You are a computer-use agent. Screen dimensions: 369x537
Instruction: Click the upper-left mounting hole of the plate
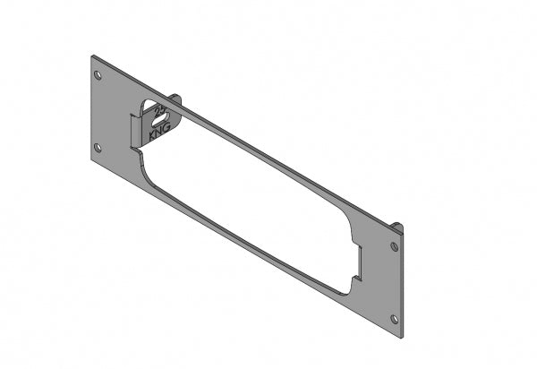[x=98, y=74]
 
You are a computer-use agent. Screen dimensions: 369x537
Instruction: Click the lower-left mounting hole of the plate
[x=98, y=147]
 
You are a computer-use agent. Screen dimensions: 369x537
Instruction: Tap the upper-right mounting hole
[x=394, y=245]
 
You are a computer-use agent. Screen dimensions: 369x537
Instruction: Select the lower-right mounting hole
[x=394, y=318]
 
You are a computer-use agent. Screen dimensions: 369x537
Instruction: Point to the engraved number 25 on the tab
[x=162, y=112]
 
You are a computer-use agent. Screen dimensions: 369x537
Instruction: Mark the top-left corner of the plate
[x=92, y=56]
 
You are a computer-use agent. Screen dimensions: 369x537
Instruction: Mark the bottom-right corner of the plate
[x=402, y=339]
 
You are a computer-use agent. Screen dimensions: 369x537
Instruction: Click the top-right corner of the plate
[x=404, y=230]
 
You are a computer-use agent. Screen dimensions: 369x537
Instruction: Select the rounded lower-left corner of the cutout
[x=146, y=170]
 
